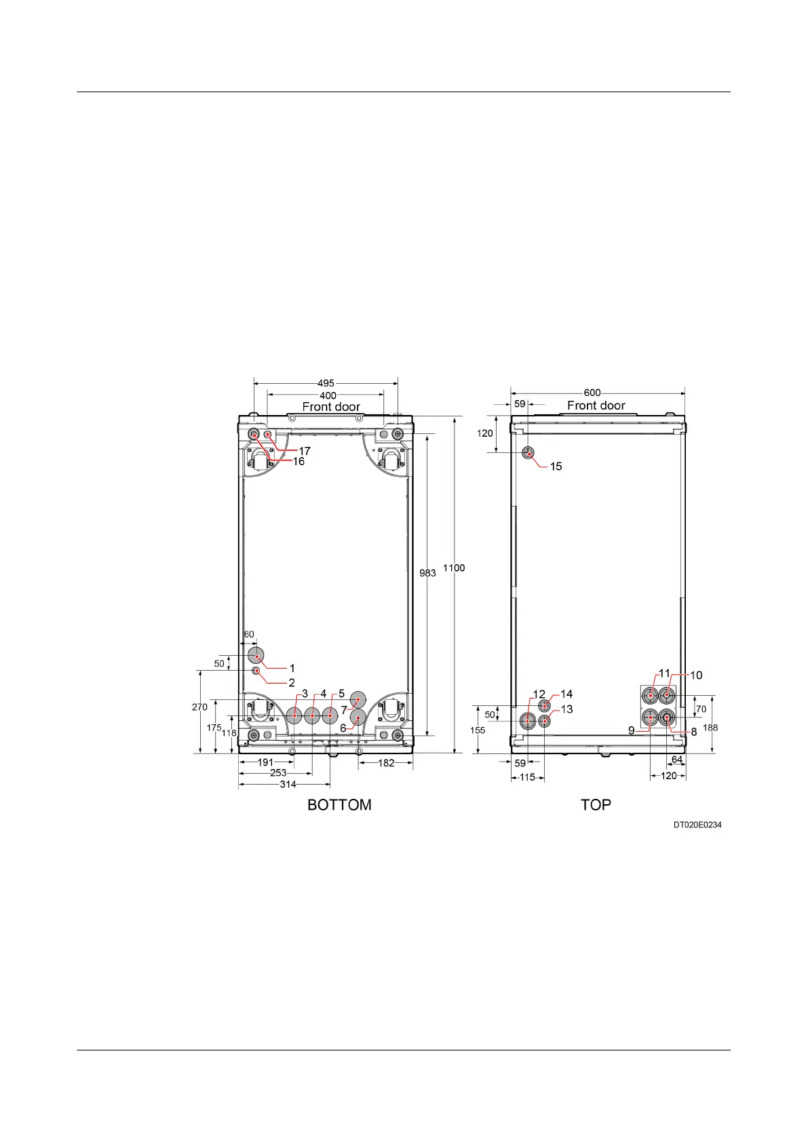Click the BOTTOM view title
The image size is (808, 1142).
(x=339, y=805)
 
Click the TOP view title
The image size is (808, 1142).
(x=596, y=805)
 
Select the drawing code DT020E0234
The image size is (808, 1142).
(x=697, y=825)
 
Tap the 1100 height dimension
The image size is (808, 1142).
(x=454, y=568)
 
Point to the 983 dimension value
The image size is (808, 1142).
(x=427, y=573)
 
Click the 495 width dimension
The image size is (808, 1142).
(x=326, y=383)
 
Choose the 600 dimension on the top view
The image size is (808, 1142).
(x=592, y=393)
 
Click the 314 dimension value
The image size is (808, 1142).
(x=288, y=785)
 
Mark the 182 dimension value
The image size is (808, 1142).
(x=386, y=763)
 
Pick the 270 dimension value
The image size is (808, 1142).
(x=199, y=707)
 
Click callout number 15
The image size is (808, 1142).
(x=556, y=467)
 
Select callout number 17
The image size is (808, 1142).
(x=305, y=451)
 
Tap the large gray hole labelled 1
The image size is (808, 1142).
(x=256, y=655)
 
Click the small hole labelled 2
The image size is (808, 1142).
(x=256, y=671)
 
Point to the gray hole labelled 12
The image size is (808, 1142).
(x=528, y=721)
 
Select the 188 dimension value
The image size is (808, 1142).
(x=710, y=728)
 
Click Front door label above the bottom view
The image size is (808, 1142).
(x=331, y=407)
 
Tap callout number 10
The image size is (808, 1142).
(x=696, y=675)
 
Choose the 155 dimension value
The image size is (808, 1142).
(x=478, y=730)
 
